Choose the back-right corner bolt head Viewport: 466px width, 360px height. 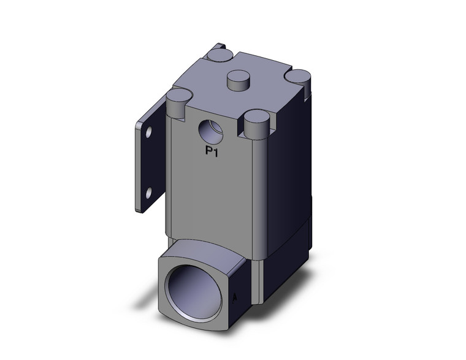300,75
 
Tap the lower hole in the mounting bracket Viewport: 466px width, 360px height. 147,194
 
